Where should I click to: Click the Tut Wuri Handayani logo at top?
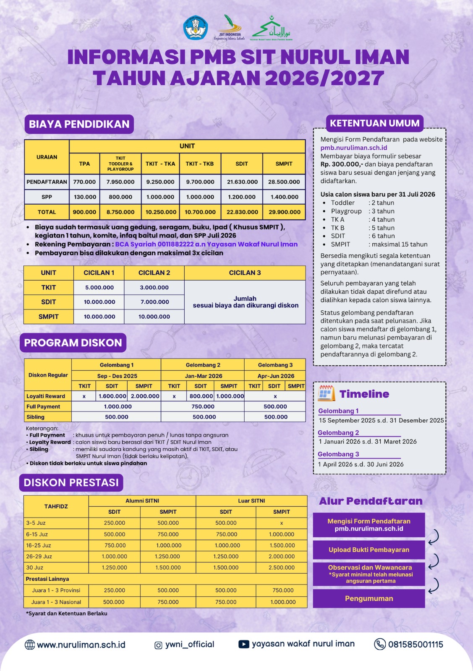[196, 28]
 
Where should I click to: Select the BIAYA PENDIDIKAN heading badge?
[79, 124]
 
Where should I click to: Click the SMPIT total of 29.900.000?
[284, 212]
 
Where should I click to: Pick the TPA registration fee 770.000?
[84, 182]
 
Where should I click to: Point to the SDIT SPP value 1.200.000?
[242, 197]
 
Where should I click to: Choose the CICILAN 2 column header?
[154, 273]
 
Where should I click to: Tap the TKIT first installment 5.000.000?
[99, 288]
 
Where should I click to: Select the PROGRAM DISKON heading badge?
[73, 343]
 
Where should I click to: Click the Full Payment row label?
[43, 406]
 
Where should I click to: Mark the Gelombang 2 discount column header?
[203, 365]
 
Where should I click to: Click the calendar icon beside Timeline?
[326, 394]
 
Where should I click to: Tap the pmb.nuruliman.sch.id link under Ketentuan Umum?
[354, 148]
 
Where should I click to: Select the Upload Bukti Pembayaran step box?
[369, 550]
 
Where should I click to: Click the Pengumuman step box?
[369, 598]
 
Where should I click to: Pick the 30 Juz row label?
[35, 567]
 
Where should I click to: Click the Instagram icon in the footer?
[158, 645]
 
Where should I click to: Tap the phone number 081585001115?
[416, 645]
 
